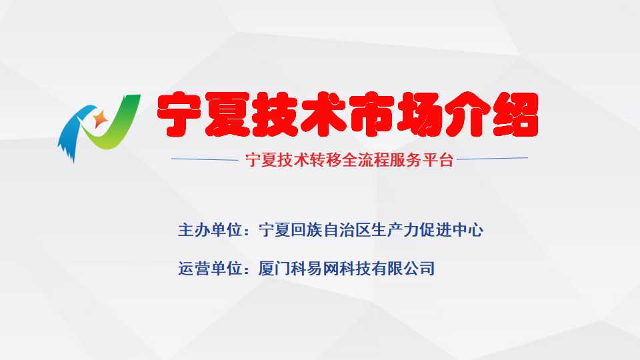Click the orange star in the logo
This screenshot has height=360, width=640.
click(x=100, y=119)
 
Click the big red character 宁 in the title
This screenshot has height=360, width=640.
click(x=179, y=114)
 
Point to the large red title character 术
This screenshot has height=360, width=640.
click(x=323, y=114)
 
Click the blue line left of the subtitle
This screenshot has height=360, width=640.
click(x=205, y=159)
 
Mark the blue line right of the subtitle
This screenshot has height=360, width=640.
click(x=492, y=158)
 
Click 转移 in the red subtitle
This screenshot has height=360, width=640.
click(x=325, y=159)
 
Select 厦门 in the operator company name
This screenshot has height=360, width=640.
click(x=274, y=269)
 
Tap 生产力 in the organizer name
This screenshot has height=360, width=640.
click(x=395, y=230)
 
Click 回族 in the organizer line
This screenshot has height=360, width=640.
click(x=306, y=230)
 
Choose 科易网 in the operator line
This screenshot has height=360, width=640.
click(x=314, y=269)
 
